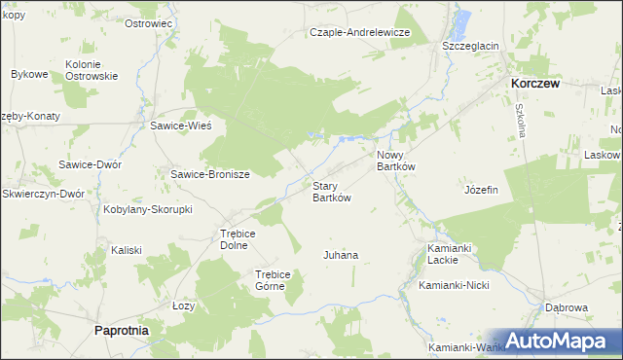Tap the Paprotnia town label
pyautogui.click(x=122, y=331)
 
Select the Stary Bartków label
pyautogui.click(x=331, y=192)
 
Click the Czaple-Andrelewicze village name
pyautogui.click(x=360, y=32)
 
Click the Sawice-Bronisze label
pyautogui.click(x=210, y=175)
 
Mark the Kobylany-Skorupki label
pyautogui.click(x=149, y=209)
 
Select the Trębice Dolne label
pyautogui.click(x=237, y=239)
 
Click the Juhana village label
pyautogui.click(x=341, y=256)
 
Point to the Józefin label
pyautogui.click(x=482, y=190)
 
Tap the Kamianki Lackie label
pyautogui.click(x=450, y=255)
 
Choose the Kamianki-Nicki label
pyautogui.click(x=453, y=286)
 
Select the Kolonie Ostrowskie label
pyautogui.click(x=92, y=70)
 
